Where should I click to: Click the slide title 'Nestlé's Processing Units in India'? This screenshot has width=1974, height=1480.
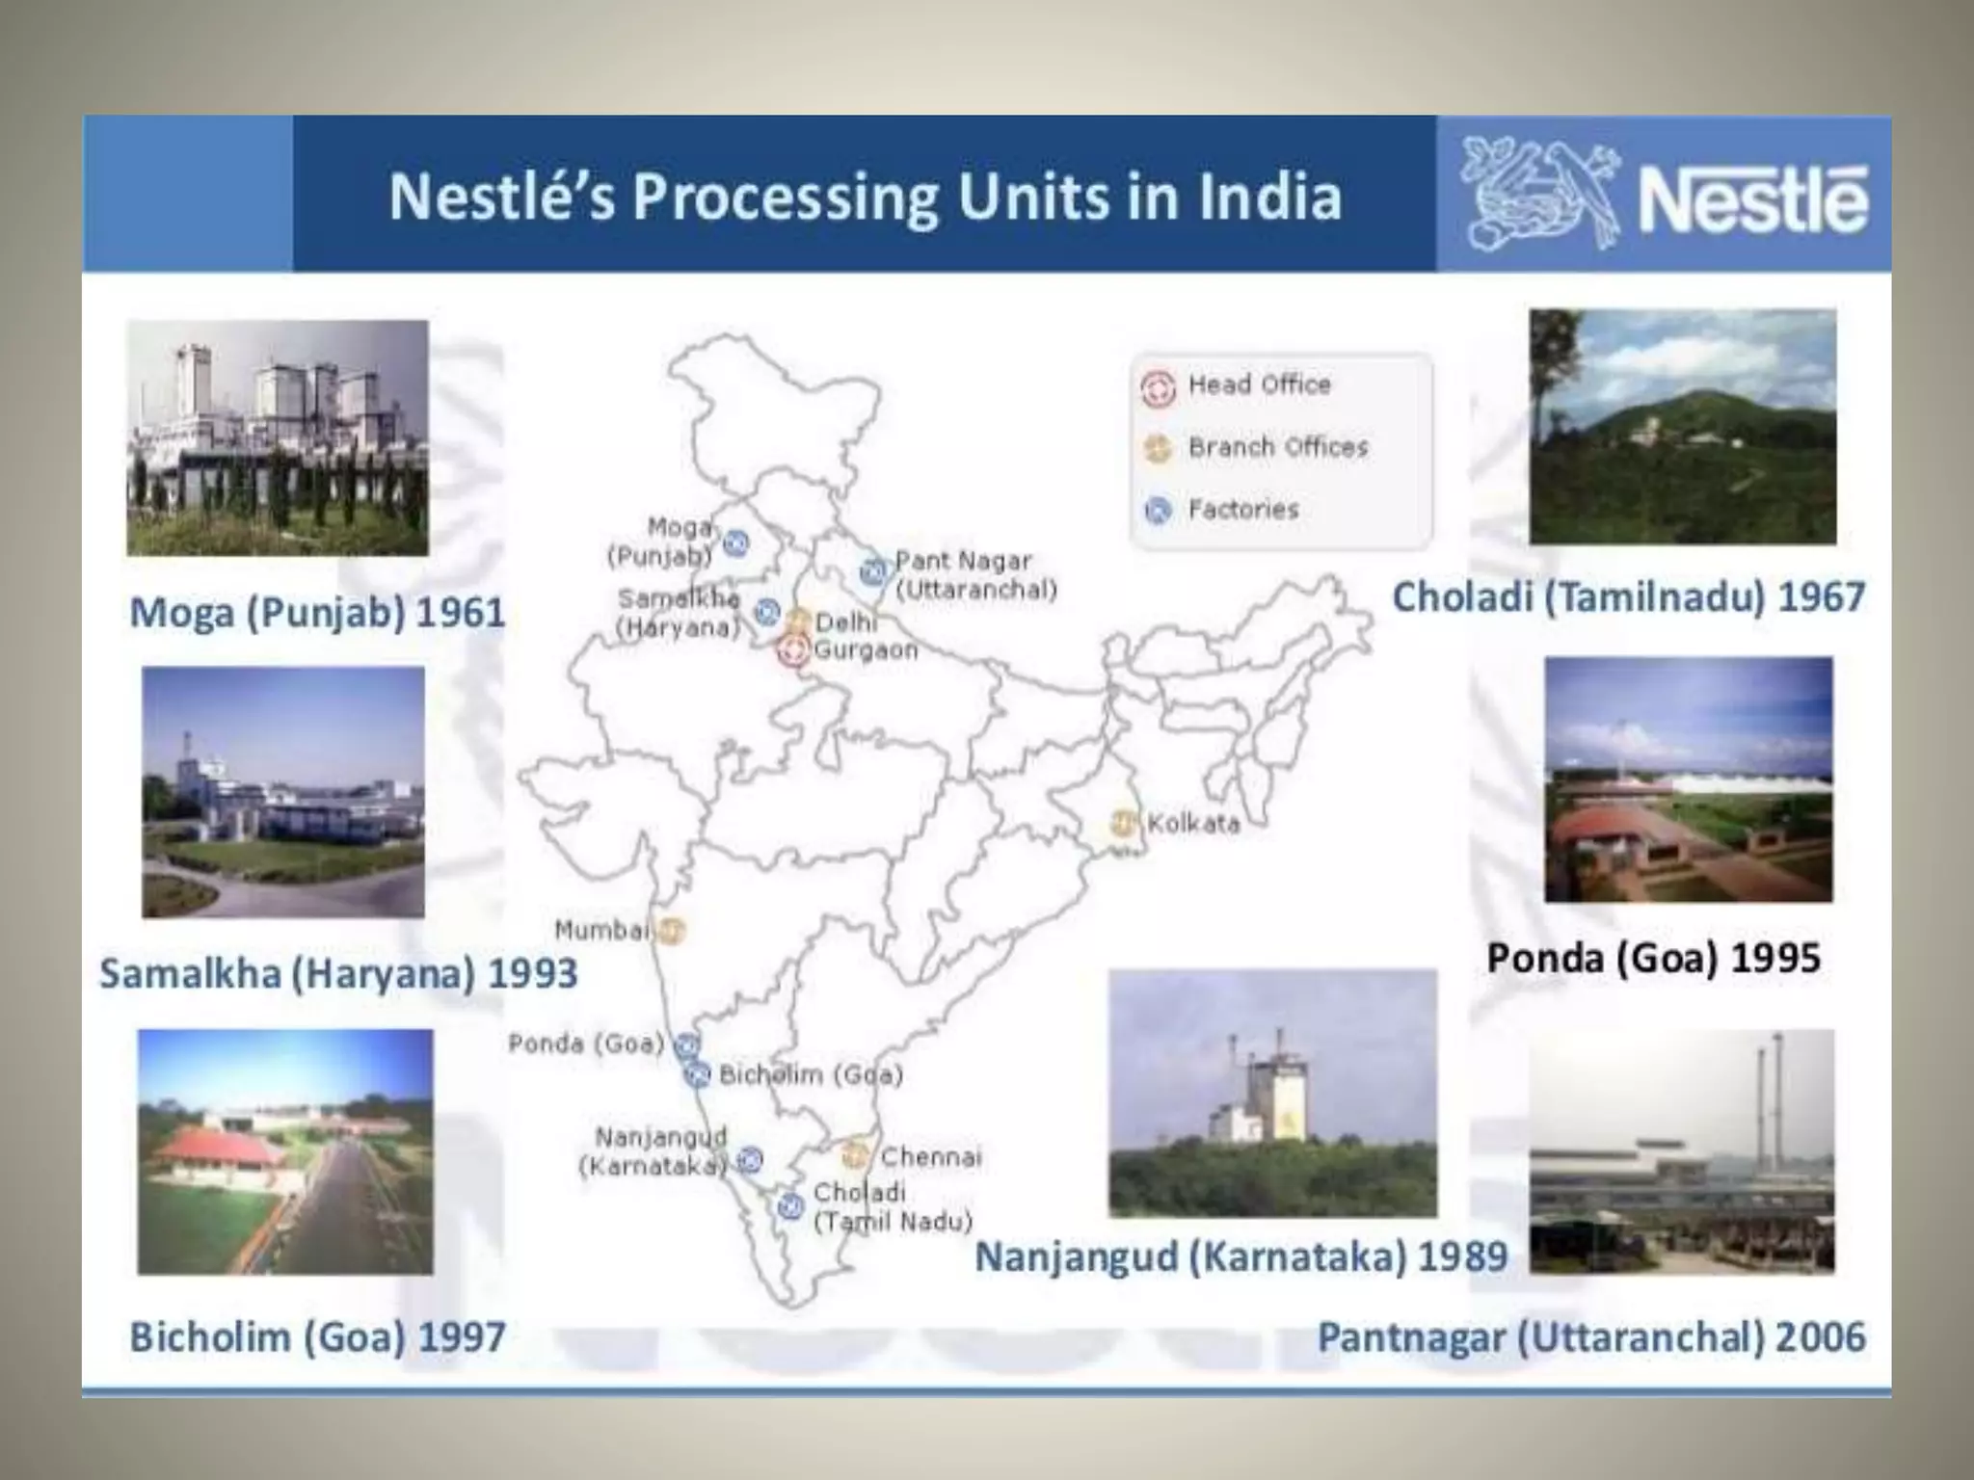tap(865, 196)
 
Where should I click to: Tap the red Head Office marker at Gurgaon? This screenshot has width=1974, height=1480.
tap(794, 651)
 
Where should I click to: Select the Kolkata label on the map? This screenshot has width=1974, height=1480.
tap(1193, 824)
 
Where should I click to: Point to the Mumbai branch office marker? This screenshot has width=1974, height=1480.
tap(672, 930)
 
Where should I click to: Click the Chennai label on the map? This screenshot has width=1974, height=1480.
tap(930, 1156)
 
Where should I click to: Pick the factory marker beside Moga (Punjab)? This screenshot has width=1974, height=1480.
tap(735, 543)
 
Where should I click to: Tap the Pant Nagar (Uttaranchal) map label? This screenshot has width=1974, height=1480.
tap(975, 575)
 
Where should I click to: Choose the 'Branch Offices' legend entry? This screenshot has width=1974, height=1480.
tap(1277, 447)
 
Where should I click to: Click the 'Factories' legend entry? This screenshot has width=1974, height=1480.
tap(1242, 509)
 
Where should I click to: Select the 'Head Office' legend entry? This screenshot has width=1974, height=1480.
tap(1259, 384)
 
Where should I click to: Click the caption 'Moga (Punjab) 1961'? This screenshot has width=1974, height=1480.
tap(317, 613)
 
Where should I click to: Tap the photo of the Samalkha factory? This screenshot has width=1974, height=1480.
tap(282, 791)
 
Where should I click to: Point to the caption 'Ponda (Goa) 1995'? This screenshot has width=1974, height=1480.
tap(1653, 958)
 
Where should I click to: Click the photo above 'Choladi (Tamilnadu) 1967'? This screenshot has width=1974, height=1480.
tap(1682, 426)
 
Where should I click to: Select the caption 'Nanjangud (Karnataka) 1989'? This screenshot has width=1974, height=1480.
tap(1240, 1256)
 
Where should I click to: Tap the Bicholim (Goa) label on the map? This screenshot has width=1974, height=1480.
tap(811, 1074)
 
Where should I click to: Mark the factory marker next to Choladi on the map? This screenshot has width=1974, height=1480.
tap(790, 1205)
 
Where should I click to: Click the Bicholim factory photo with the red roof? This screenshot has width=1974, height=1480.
tap(284, 1151)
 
